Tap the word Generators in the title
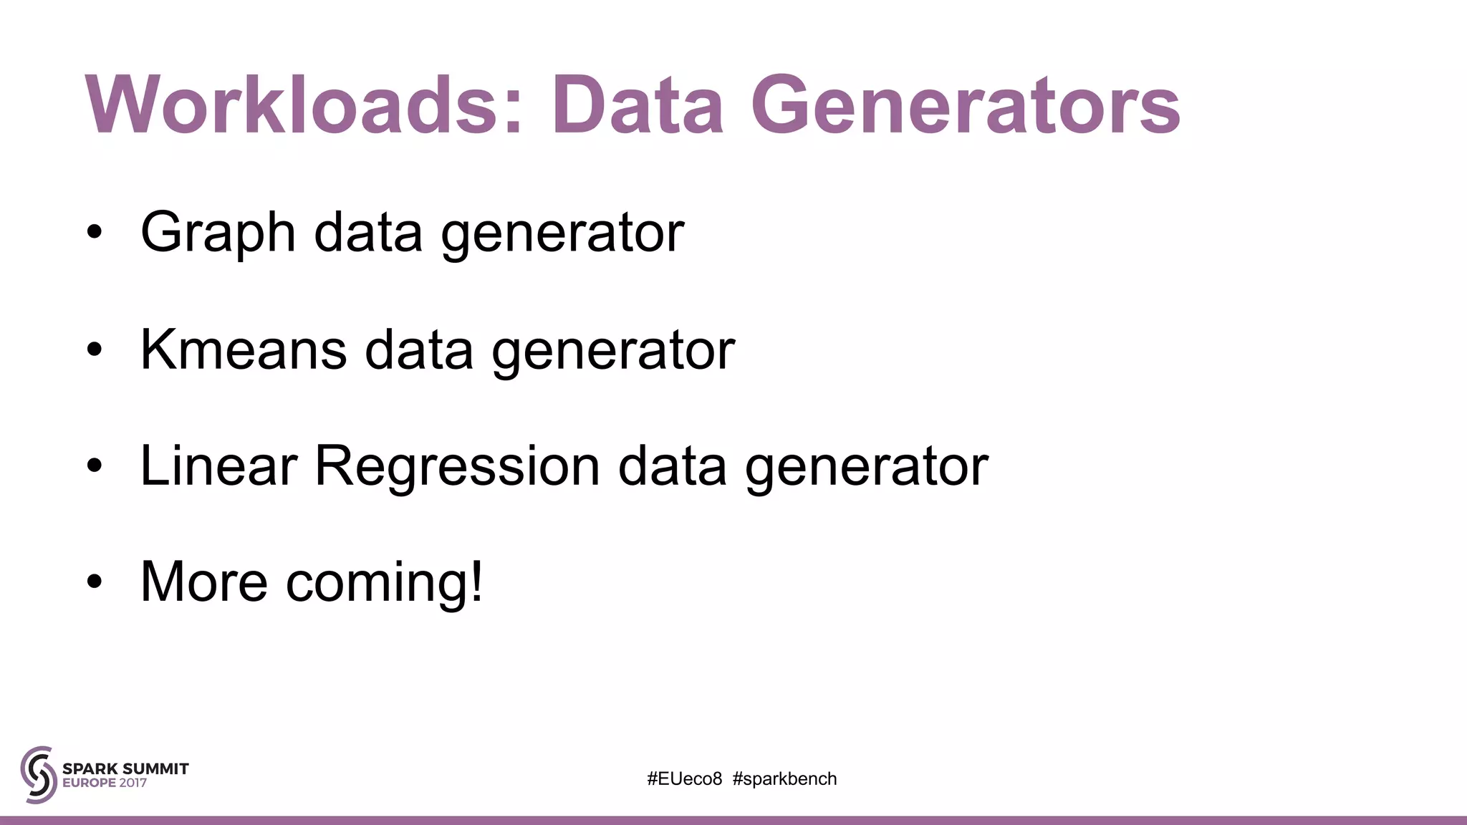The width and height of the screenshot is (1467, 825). (x=965, y=106)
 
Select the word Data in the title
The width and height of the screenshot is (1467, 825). (x=637, y=106)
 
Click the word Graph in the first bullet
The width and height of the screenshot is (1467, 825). (x=218, y=233)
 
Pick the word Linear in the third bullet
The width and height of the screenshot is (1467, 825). (x=218, y=466)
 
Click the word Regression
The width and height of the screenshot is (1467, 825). (x=457, y=466)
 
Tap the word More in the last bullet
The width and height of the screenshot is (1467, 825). (x=204, y=582)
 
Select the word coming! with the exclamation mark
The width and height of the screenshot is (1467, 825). (x=385, y=582)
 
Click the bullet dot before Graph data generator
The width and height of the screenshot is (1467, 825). (x=95, y=233)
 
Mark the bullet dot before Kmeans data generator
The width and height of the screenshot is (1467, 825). (x=95, y=350)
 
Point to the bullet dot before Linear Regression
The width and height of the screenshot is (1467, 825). (x=95, y=467)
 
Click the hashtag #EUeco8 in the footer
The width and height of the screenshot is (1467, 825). (x=684, y=779)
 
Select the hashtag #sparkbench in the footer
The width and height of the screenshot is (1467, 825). (x=784, y=779)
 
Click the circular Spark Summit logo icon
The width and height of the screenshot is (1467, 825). (x=39, y=775)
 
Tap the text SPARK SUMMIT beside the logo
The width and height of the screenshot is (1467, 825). (x=125, y=768)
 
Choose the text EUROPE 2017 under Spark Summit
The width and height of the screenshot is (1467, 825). (x=105, y=783)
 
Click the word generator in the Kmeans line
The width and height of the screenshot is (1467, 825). (x=613, y=351)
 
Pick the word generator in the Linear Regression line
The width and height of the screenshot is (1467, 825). (x=867, y=468)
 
